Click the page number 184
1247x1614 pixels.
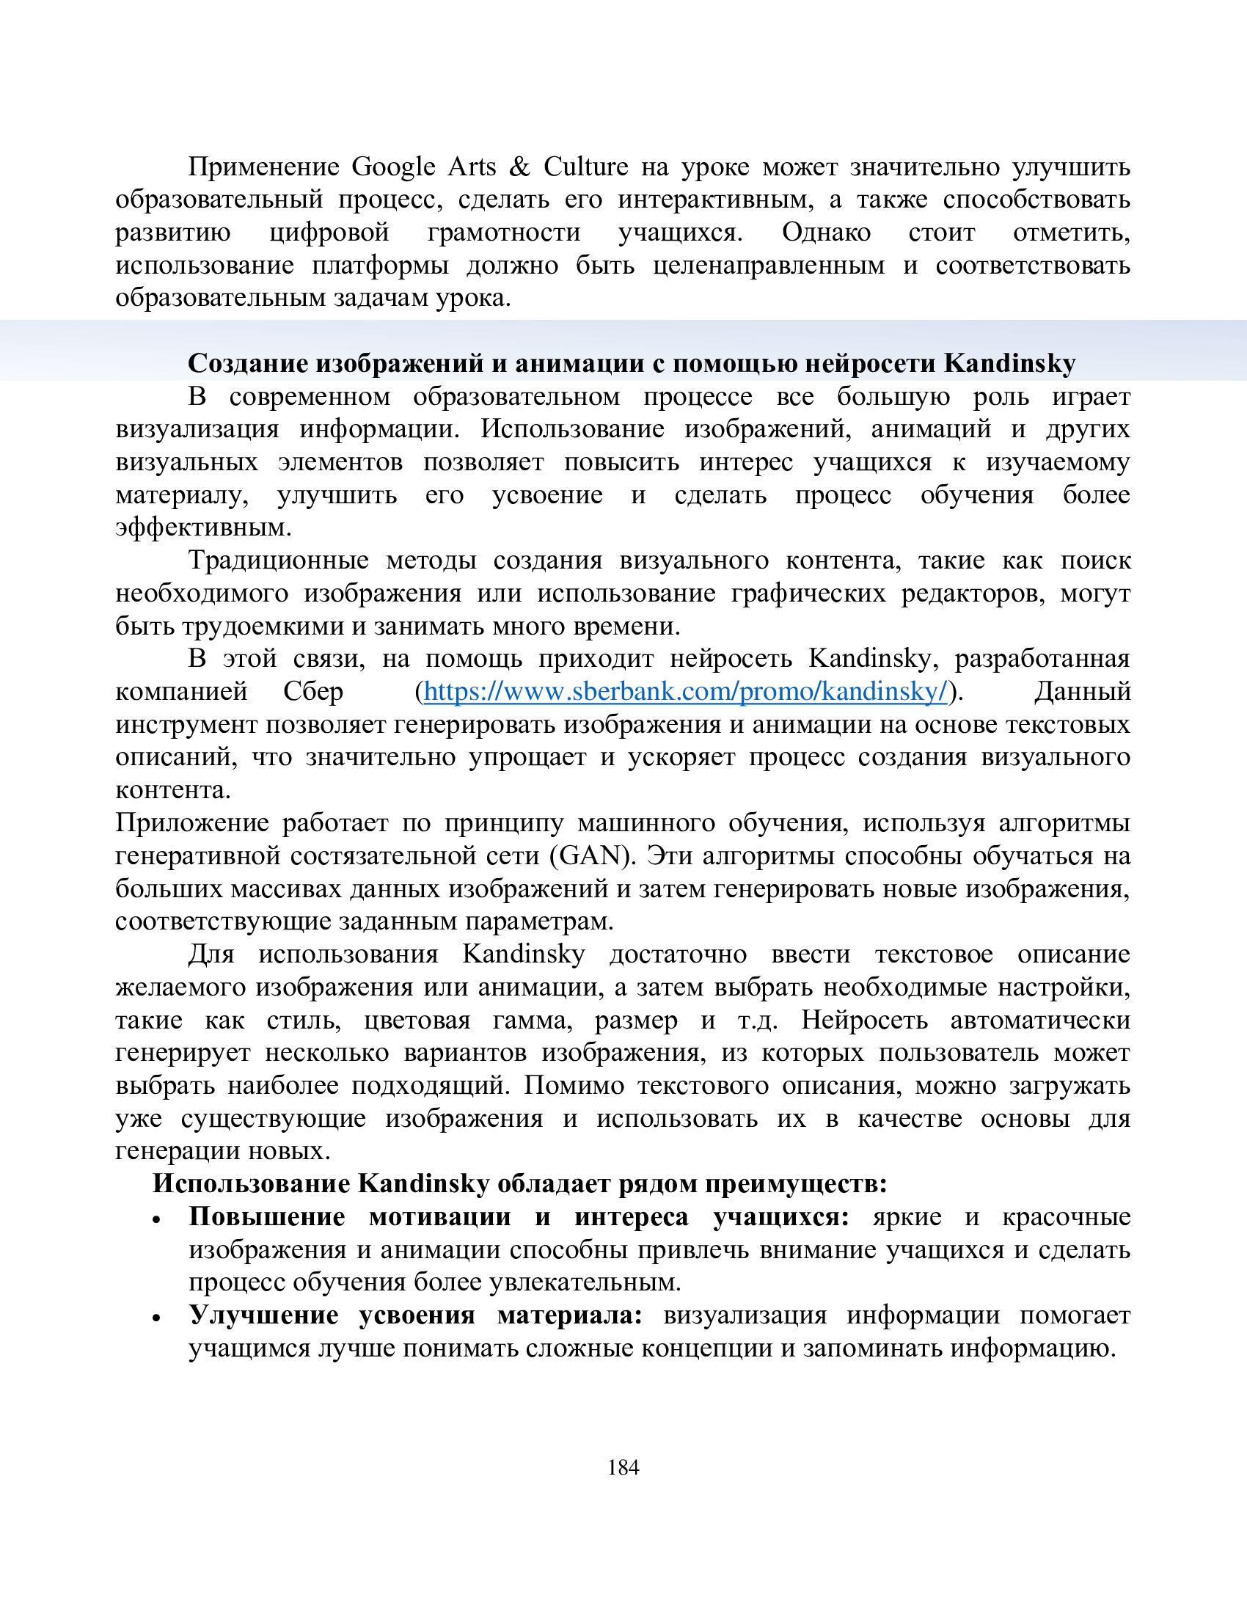coord(623,1467)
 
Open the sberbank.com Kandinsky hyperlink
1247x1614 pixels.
coord(685,691)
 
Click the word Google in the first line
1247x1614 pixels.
coord(393,167)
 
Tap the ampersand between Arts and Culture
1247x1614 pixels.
coord(519,167)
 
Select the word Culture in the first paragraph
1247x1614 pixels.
coord(586,167)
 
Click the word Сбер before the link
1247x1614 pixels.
coord(313,691)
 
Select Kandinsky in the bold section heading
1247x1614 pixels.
coord(1009,363)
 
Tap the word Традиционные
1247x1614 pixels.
coord(279,560)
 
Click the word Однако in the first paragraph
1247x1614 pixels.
coord(826,233)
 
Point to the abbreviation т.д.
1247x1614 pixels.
coord(757,1020)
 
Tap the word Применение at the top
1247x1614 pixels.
coord(263,167)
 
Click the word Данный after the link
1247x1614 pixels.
coord(1081,691)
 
